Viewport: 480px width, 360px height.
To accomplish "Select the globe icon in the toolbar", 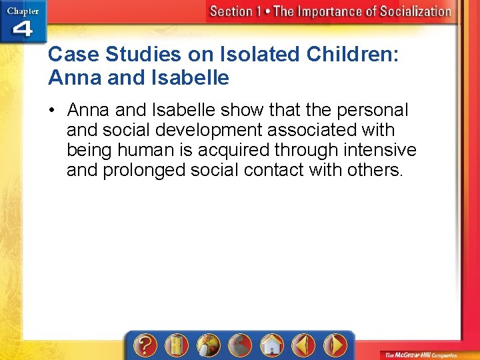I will pyautogui.click(x=209, y=345).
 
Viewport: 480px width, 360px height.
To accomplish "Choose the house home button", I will pyautogui.click(x=271, y=345).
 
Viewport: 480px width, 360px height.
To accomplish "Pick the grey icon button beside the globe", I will pyautogui.click(x=240, y=345).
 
